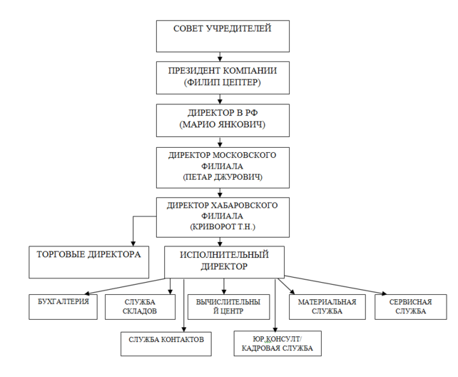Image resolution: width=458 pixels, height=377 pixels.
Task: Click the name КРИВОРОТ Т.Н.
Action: pos(222,226)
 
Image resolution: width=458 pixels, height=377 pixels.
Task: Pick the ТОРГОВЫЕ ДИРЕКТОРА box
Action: pos(88,262)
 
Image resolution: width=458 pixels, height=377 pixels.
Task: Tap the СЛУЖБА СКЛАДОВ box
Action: pos(140,306)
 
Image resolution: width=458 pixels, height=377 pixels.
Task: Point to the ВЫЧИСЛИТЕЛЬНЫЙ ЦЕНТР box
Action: pos(224,306)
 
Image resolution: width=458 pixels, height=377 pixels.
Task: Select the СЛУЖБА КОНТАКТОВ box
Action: pos(166,343)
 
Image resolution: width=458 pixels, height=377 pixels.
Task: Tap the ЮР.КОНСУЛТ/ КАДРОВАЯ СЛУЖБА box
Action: pos(278,343)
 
